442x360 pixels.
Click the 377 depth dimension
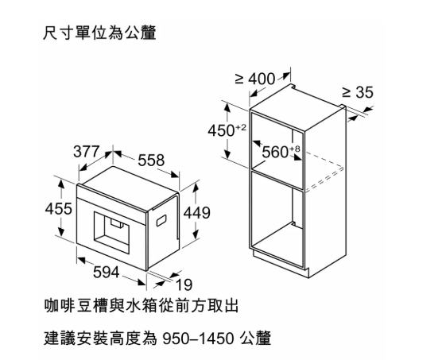point(87,152)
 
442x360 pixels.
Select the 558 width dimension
point(151,161)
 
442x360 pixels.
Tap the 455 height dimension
point(59,209)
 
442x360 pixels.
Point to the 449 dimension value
point(197,213)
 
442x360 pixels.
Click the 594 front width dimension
point(106,272)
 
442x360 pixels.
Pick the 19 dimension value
point(184,285)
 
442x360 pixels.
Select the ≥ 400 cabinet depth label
point(254,79)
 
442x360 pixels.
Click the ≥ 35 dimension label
point(358,92)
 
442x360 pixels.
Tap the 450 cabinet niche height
point(221,130)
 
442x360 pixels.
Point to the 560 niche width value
point(275,153)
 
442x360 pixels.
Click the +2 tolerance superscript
point(241,128)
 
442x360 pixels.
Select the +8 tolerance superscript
point(295,149)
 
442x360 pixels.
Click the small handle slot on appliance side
point(161,220)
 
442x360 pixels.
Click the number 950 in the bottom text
point(177,339)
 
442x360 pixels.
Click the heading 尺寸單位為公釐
point(99,33)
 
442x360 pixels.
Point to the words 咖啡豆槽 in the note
point(76,306)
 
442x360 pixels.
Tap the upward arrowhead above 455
point(61,184)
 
